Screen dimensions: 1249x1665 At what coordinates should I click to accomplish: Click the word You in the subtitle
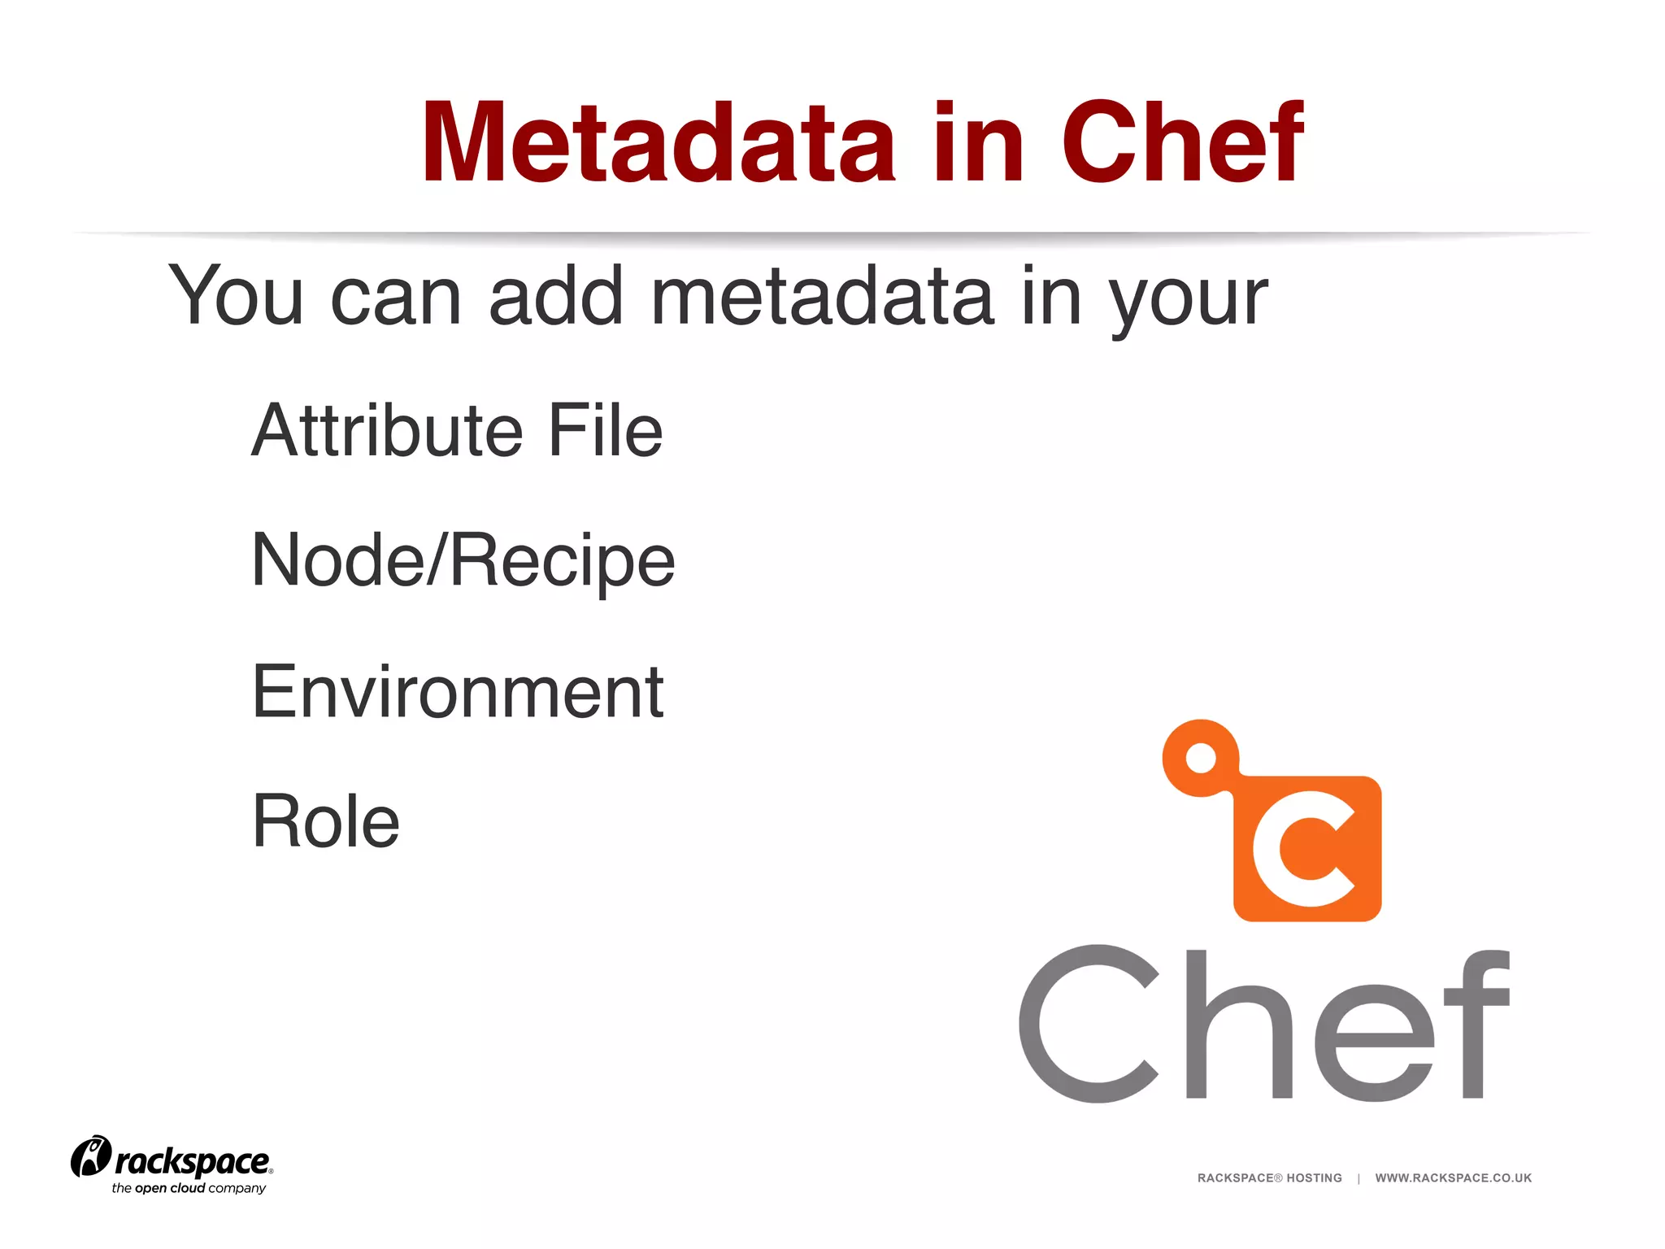pyautogui.click(x=236, y=297)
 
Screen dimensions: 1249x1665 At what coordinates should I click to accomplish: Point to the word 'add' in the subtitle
pyautogui.click(x=556, y=297)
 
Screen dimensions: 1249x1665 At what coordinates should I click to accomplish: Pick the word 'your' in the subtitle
pyautogui.click(x=1189, y=301)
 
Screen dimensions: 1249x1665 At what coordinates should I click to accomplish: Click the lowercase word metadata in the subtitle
pyautogui.click(x=823, y=297)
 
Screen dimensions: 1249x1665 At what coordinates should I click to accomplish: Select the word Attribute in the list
pyautogui.click(x=387, y=430)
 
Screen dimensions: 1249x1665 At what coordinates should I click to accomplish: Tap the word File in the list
pyautogui.click(x=605, y=430)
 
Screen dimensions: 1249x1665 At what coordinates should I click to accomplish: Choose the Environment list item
pyautogui.click(x=458, y=692)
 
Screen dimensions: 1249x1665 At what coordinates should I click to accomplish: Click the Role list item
pyautogui.click(x=326, y=821)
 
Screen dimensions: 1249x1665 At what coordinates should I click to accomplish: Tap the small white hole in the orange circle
pyautogui.click(x=1200, y=759)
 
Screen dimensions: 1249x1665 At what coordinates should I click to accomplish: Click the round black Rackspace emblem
pyautogui.click(x=90, y=1156)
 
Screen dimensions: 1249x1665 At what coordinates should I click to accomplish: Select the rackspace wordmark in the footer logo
pyautogui.click(x=192, y=1161)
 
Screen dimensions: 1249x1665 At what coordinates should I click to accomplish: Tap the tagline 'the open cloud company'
pyautogui.click(x=189, y=1188)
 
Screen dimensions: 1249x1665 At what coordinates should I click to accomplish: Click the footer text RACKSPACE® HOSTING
pyautogui.click(x=1269, y=1177)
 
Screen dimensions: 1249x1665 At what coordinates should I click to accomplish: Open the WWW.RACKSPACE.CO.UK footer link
pyautogui.click(x=1453, y=1177)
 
